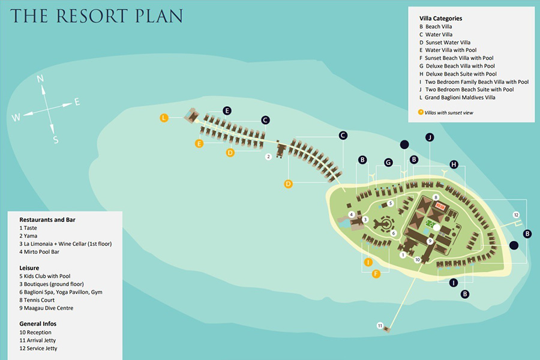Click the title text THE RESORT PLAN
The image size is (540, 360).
point(97,16)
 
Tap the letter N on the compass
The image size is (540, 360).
point(40,79)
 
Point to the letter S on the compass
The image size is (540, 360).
point(56,140)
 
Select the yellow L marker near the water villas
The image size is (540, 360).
point(164,118)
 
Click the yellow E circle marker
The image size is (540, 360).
point(199,143)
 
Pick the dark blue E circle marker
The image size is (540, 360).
point(227,110)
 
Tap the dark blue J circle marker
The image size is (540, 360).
point(430,137)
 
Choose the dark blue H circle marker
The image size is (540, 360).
point(454,164)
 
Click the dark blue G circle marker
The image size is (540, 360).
point(388,163)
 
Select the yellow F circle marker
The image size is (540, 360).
point(376,274)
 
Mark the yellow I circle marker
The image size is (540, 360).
point(368,262)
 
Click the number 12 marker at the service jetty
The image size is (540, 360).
point(516,215)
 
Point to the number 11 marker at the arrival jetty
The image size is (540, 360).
point(380,325)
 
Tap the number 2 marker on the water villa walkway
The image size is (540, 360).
point(269,157)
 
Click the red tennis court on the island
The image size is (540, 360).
point(441,206)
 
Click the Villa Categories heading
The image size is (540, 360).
point(440,19)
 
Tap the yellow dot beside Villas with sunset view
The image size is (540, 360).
point(421,112)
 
